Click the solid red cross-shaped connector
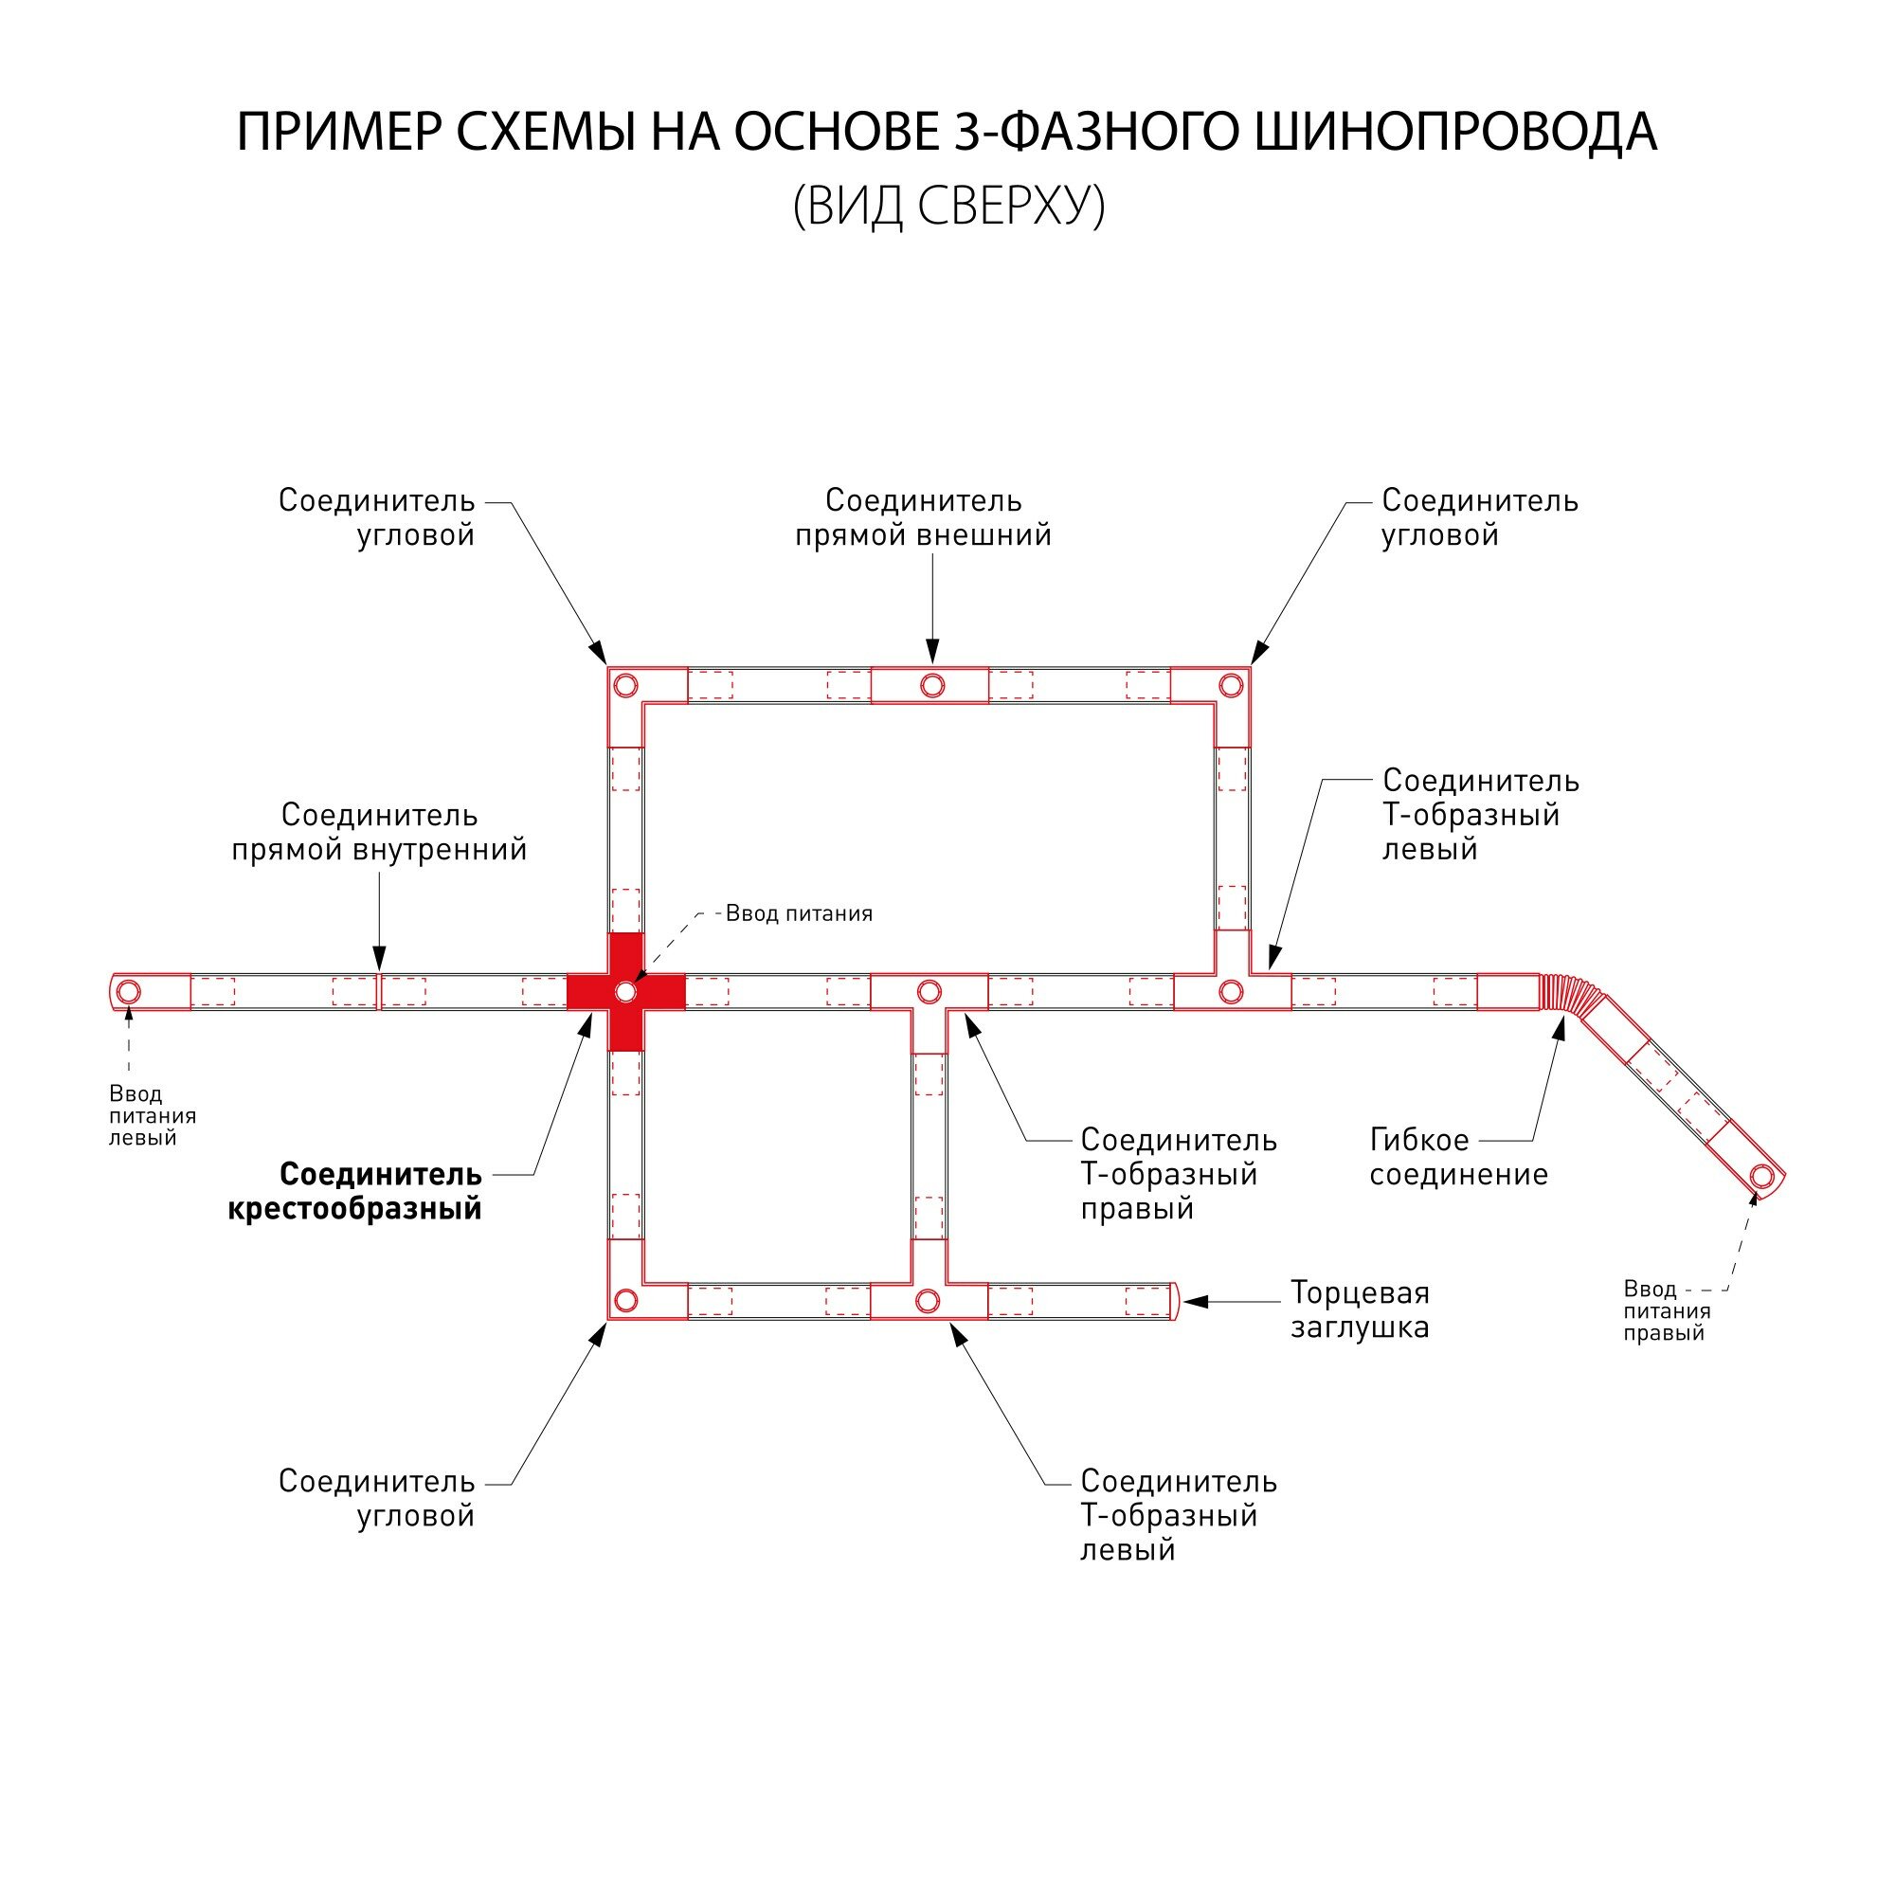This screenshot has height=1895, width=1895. [x=625, y=992]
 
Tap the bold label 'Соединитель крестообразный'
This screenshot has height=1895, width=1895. [x=355, y=1191]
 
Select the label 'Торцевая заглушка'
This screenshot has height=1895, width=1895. [x=1360, y=1309]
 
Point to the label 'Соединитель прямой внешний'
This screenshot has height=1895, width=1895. [x=923, y=517]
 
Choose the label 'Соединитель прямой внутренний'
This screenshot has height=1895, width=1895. [x=380, y=832]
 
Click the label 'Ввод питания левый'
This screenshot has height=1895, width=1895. [x=152, y=1115]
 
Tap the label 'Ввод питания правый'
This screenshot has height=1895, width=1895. [x=1667, y=1310]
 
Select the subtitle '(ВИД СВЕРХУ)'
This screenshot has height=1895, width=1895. [x=948, y=206]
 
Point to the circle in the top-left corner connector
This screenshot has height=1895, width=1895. [x=625, y=685]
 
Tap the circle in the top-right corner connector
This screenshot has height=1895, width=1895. [x=1231, y=685]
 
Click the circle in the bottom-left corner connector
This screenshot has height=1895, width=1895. [x=625, y=1302]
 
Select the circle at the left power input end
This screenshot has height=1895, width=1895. [x=129, y=992]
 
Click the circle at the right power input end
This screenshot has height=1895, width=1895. [x=1761, y=1175]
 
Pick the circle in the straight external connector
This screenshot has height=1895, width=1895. [x=931, y=685]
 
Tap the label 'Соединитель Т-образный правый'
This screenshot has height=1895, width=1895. [x=1178, y=1173]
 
